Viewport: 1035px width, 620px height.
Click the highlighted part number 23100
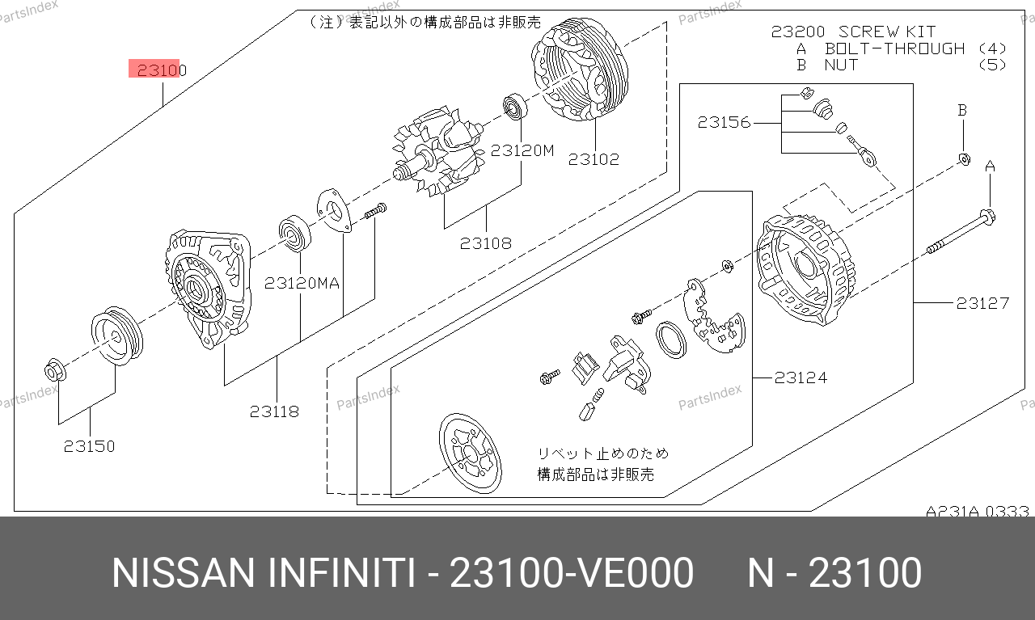[162, 70]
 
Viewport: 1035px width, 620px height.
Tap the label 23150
[89, 446]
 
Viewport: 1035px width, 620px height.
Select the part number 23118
[274, 411]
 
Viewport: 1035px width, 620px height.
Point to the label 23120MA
[302, 283]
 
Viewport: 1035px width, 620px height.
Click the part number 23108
[486, 243]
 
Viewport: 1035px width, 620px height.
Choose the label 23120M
[522, 150]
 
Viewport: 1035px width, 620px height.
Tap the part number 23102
[594, 159]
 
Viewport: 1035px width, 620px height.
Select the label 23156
[724, 122]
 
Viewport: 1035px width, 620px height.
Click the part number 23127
[982, 303]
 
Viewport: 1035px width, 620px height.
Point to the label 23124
[801, 378]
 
